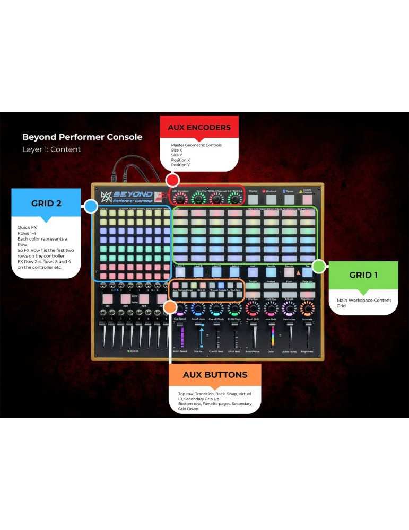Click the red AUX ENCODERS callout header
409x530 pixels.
pos(199,128)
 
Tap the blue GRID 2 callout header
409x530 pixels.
pos(46,203)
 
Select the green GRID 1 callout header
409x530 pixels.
pos(363,275)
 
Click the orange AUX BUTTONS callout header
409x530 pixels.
pos(215,375)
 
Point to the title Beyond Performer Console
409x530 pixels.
pos(82,137)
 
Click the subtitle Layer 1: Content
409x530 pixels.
pos(51,149)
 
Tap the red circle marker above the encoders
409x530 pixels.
pos(172,179)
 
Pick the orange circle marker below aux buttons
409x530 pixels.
pos(170,306)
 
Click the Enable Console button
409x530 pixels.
pos(308,199)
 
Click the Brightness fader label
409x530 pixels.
pos(307,351)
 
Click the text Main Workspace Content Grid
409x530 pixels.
pos(364,303)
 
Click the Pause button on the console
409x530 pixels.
pos(290,199)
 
